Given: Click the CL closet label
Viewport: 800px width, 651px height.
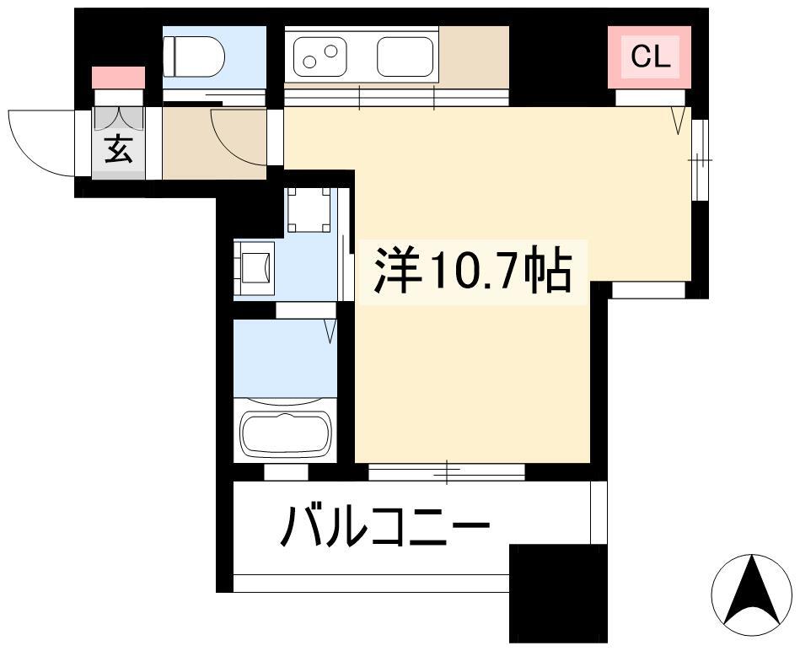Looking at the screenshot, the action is [650, 56].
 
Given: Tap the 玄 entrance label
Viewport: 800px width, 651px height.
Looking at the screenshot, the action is [119, 149].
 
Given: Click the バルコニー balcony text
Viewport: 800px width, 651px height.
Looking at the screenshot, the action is [385, 525].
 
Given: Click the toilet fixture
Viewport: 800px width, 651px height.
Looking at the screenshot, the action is [194, 56].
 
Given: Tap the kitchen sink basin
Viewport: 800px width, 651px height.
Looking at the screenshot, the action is [405, 56].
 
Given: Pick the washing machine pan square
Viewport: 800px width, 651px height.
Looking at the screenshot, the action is [309, 210].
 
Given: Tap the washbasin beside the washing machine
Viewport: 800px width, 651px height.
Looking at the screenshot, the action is [255, 268].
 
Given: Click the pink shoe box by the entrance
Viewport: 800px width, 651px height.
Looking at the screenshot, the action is [118, 77].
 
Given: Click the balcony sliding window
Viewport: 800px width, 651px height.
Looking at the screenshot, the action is [447, 472].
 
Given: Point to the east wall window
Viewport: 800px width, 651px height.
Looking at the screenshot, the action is [700, 159].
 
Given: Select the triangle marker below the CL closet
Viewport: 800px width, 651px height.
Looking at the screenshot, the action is [678, 120].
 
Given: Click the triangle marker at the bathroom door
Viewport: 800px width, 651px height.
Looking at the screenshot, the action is [330, 331].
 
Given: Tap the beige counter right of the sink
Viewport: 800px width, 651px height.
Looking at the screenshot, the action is [474, 56].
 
